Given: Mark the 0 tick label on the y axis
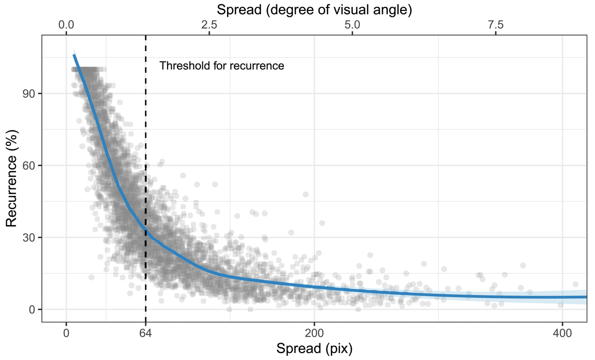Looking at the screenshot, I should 32,309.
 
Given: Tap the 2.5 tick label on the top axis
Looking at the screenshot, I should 209,24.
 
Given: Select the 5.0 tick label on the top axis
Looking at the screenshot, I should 352,24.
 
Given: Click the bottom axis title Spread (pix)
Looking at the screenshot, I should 314,349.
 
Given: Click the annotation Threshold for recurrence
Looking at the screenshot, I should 222,65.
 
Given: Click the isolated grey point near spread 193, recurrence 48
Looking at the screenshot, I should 305,194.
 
